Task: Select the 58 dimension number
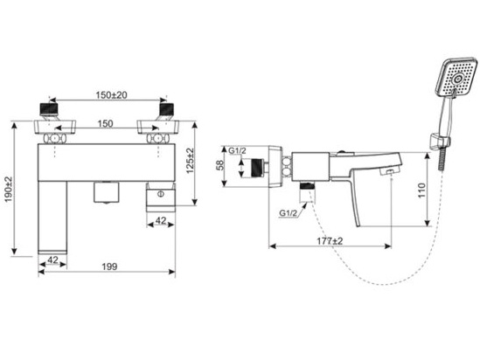click(224, 165)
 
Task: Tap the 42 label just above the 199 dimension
click(52, 260)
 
